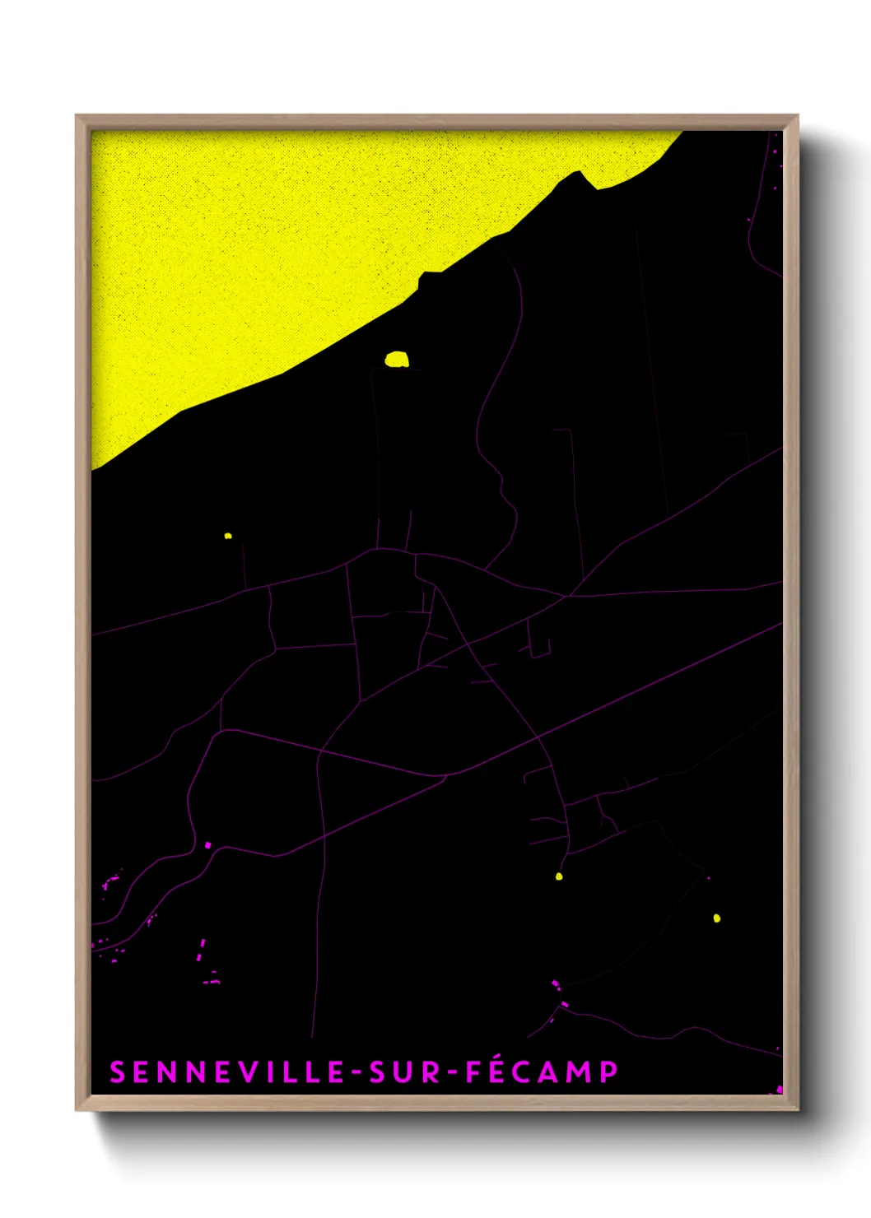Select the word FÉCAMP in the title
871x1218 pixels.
[542, 1072]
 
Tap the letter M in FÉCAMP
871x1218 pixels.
[580, 1072]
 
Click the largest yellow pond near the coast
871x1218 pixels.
[397, 360]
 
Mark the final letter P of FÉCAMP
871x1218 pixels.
[609, 1072]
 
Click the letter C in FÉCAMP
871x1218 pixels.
[526, 1072]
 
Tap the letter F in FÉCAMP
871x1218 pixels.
[474, 1072]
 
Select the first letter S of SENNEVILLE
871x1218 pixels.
[117, 1072]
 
